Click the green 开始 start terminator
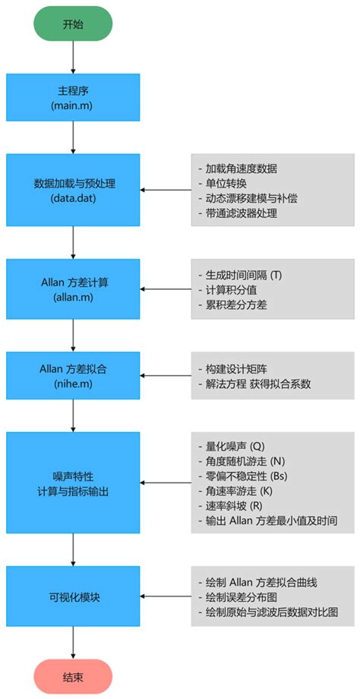(x=73, y=24)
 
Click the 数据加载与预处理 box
(x=73, y=190)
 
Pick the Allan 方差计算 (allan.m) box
(x=73, y=288)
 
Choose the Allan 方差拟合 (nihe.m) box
(x=73, y=376)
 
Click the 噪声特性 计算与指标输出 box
(x=73, y=482)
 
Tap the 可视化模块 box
(x=73, y=596)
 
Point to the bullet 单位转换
(x=226, y=183)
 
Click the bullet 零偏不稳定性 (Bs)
(x=247, y=476)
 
